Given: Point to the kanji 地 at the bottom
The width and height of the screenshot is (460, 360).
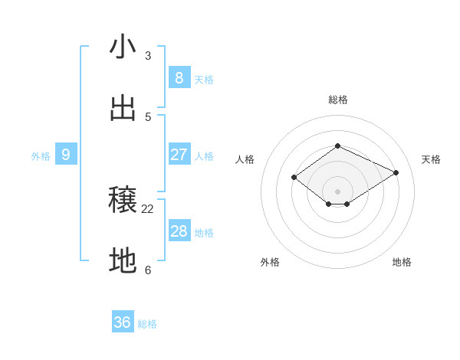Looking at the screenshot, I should (x=123, y=261).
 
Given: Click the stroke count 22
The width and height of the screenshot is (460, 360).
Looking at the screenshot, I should (x=148, y=208).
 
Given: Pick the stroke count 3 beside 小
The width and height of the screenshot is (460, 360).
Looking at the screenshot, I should (x=148, y=55).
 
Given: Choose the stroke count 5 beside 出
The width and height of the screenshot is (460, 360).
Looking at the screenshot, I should (x=148, y=117).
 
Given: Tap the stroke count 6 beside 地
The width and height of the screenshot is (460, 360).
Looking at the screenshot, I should (x=148, y=270).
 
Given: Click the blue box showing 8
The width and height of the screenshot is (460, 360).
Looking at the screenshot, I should (x=179, y=77).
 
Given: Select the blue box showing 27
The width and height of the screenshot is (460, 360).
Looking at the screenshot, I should (x=179, y=155).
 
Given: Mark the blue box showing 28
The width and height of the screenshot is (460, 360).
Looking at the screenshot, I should (x=179, y=231).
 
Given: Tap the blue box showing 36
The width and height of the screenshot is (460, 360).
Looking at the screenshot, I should (x=123, y=322).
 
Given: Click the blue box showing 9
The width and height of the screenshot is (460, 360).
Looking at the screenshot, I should (x=66, y=155).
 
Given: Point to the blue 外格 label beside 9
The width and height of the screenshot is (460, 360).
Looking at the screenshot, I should (x=41, y=156).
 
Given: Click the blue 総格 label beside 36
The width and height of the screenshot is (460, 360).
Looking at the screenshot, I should (x=147, y=324).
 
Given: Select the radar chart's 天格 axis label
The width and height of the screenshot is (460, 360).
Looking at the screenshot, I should (x=431, y=159).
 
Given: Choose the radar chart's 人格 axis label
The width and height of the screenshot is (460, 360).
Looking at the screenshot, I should (x=245, y=159).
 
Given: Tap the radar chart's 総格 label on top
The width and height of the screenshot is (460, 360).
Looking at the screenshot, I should (x=337, y=100).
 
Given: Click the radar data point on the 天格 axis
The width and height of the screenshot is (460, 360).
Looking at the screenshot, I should (x=396, y=172).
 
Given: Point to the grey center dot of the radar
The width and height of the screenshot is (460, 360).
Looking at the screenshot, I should (x=337, y=191).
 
